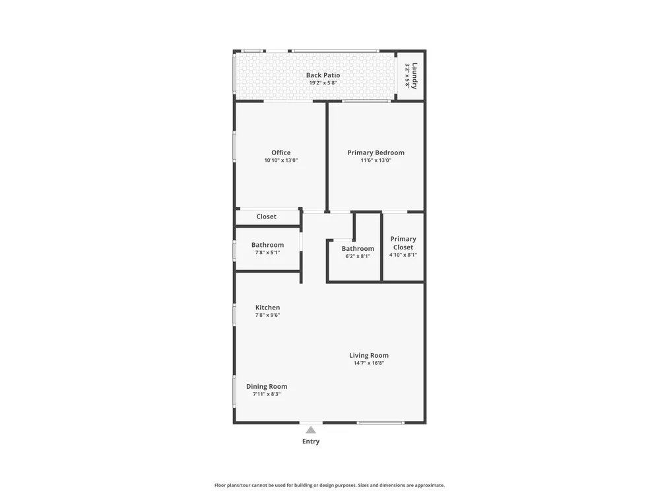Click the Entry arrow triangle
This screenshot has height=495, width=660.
(311, 430)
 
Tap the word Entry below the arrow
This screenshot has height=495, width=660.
(311, 441)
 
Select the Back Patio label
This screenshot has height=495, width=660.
(323, 75)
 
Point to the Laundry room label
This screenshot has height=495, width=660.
(414, 76)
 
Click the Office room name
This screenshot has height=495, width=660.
(280, 152)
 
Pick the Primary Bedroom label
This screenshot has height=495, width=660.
(376, 152)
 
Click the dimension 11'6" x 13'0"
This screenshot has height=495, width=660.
(376, 160)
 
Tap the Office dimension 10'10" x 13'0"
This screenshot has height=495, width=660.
(280, 160)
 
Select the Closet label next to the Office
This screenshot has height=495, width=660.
(267, 216)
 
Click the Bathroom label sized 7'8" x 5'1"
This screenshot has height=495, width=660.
(267, 245)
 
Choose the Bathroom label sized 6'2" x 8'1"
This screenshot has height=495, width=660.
(358, 248)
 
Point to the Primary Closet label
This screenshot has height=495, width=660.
(403, 243)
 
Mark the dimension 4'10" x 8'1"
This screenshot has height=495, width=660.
(403, 255)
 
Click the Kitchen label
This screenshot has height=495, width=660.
(267, 308)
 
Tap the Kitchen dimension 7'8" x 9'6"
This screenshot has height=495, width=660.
(267, 315)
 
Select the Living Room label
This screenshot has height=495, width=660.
(369, 355)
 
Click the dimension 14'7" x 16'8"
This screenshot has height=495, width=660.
(369, 363)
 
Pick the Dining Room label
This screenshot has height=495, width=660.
(267, 386)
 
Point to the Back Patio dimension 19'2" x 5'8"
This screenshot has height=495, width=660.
(323, 83)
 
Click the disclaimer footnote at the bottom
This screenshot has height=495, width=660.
(329, 485)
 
